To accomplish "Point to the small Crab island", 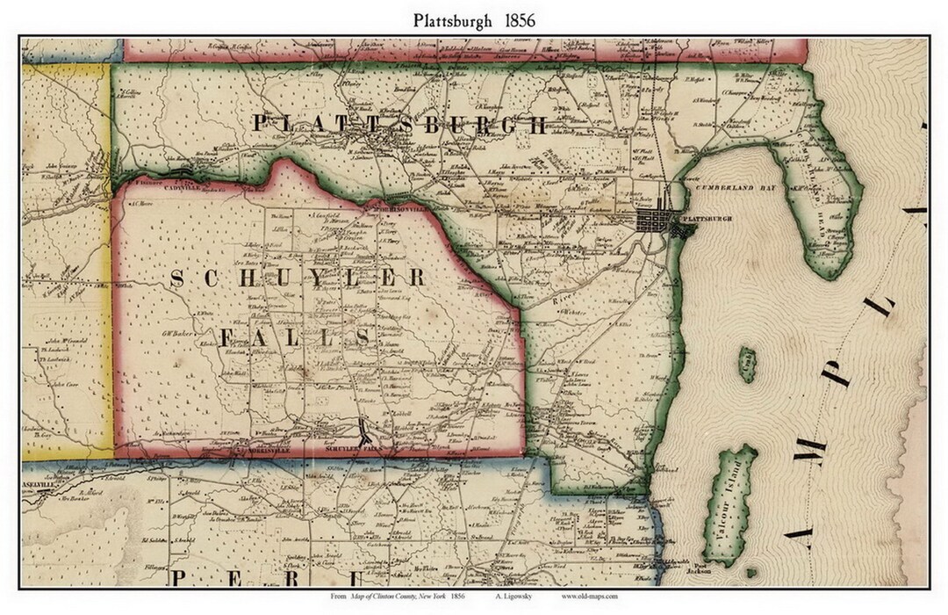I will coord(747,364).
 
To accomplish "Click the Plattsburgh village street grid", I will coord(662,220).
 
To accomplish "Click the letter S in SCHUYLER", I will coord(176,279).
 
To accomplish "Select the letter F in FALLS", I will coord(226,337).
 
